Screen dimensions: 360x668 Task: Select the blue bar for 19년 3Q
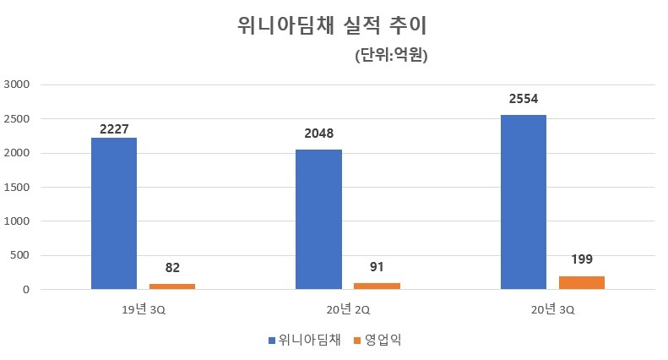[114, 214]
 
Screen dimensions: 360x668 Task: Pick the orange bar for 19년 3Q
[172, 286]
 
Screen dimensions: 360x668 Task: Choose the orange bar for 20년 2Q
[377, 286]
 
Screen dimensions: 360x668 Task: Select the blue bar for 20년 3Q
[524, 203]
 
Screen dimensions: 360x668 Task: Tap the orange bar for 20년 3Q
[582, 283]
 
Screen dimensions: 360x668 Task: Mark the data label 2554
[524, 100]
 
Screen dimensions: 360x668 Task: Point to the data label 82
[172, 268]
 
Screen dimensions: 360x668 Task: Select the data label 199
[582, 259]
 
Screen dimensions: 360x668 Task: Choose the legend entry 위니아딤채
[309, 340]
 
